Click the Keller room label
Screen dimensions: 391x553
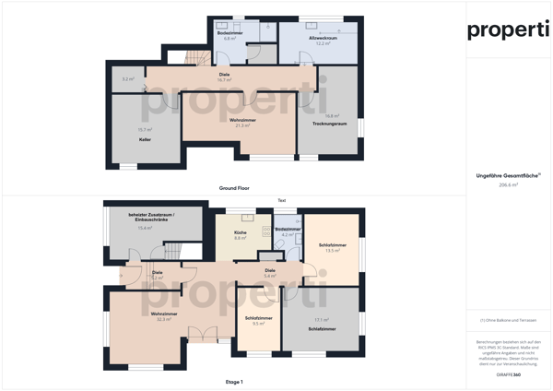(x=144, y=139)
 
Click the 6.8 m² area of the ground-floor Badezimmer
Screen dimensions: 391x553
(x=230, y=39)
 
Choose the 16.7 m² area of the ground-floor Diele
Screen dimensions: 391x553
(x=224, y=79)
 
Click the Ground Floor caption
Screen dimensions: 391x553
(x=234, y=187)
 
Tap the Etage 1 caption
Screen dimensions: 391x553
(x=234, y=381)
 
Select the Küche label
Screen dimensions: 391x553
(x=240, y=232)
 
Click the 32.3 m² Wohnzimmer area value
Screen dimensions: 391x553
(x=165, y=319)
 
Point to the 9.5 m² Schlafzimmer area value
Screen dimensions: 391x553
(x=259, y=324)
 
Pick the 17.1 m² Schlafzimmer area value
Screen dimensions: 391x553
(x=322, y=320)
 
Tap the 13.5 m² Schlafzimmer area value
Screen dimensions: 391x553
(x=333, y=250)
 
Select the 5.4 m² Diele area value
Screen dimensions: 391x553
(x=270, y=276)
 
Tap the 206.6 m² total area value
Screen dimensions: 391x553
(x=509, y=184)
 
